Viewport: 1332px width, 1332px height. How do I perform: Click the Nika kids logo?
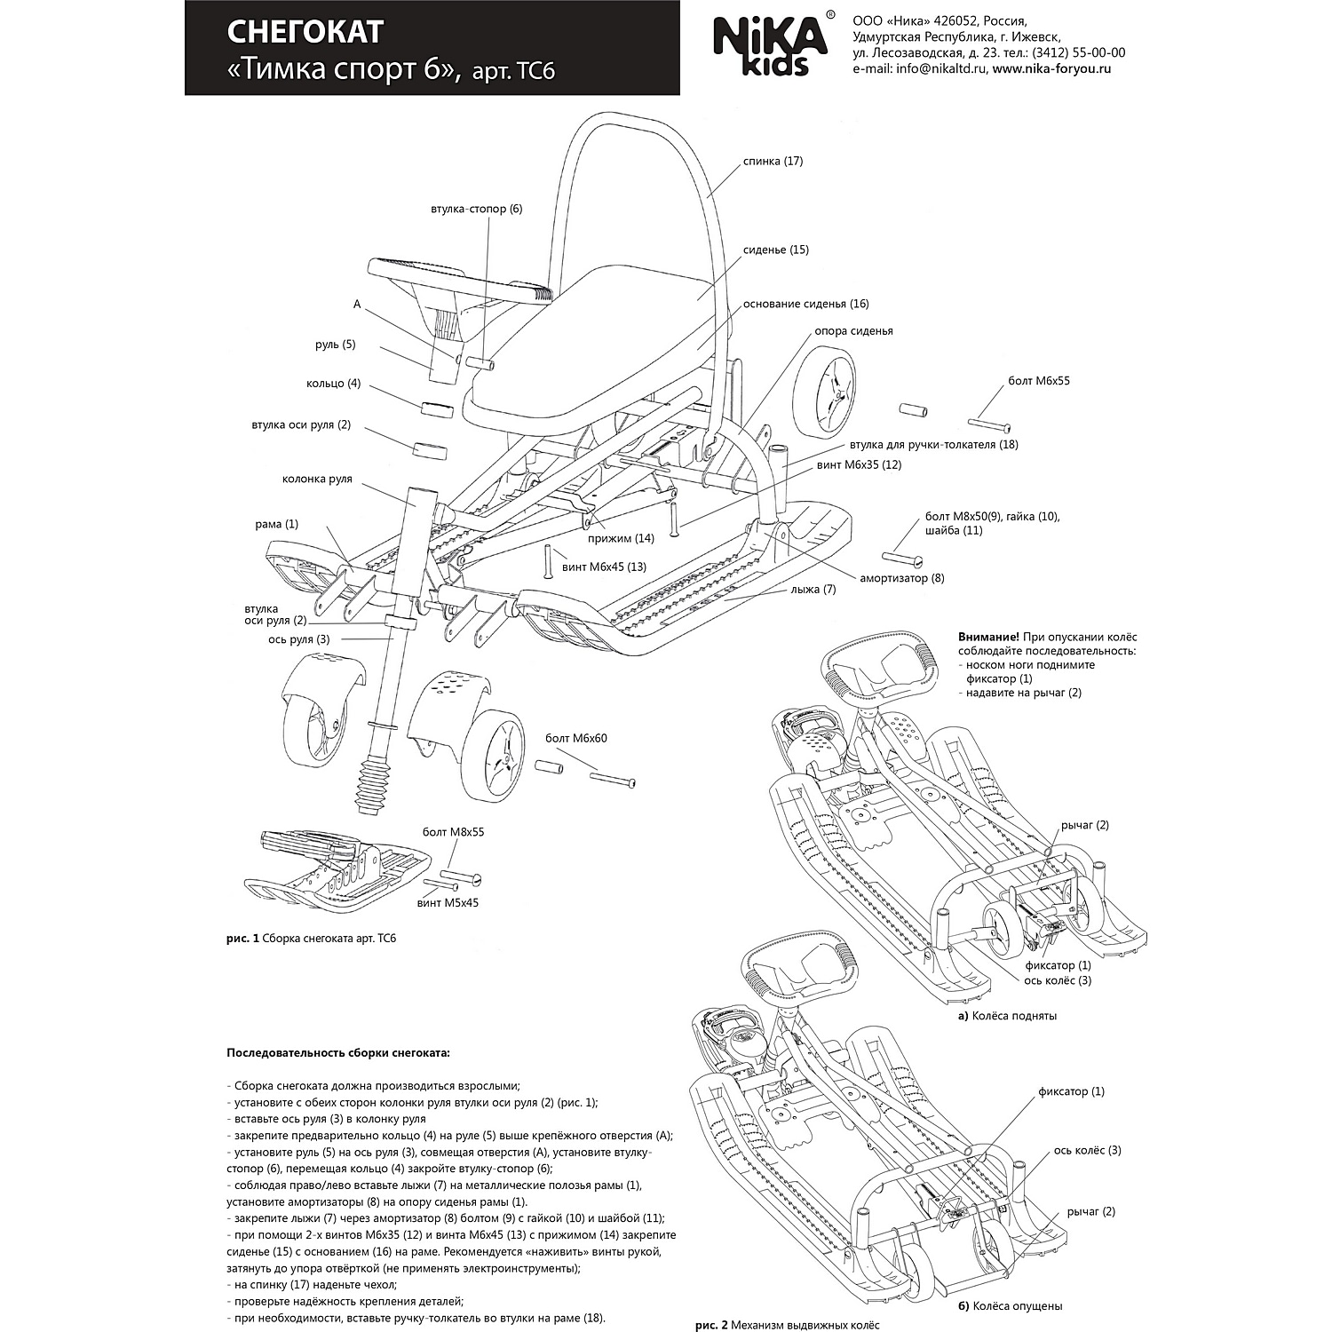[771, 45]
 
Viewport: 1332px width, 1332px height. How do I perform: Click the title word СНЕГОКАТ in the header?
[305, 32]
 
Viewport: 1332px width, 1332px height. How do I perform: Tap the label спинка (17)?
[773, 162]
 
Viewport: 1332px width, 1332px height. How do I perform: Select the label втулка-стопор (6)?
[476, 209]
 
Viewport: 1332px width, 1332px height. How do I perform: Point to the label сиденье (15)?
[775, 250]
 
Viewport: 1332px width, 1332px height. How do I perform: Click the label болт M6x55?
[1038, 381]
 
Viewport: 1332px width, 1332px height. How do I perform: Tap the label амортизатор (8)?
[901, 578]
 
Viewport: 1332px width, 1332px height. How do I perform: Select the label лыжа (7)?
[813, 589]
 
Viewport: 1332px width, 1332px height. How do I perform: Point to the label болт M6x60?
[576, 738]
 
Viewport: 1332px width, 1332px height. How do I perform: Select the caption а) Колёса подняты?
[1007, 1016]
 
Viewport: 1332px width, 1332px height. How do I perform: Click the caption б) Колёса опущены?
[1011, 1306]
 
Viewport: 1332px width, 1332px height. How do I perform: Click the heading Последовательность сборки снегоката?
[338, 1053]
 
